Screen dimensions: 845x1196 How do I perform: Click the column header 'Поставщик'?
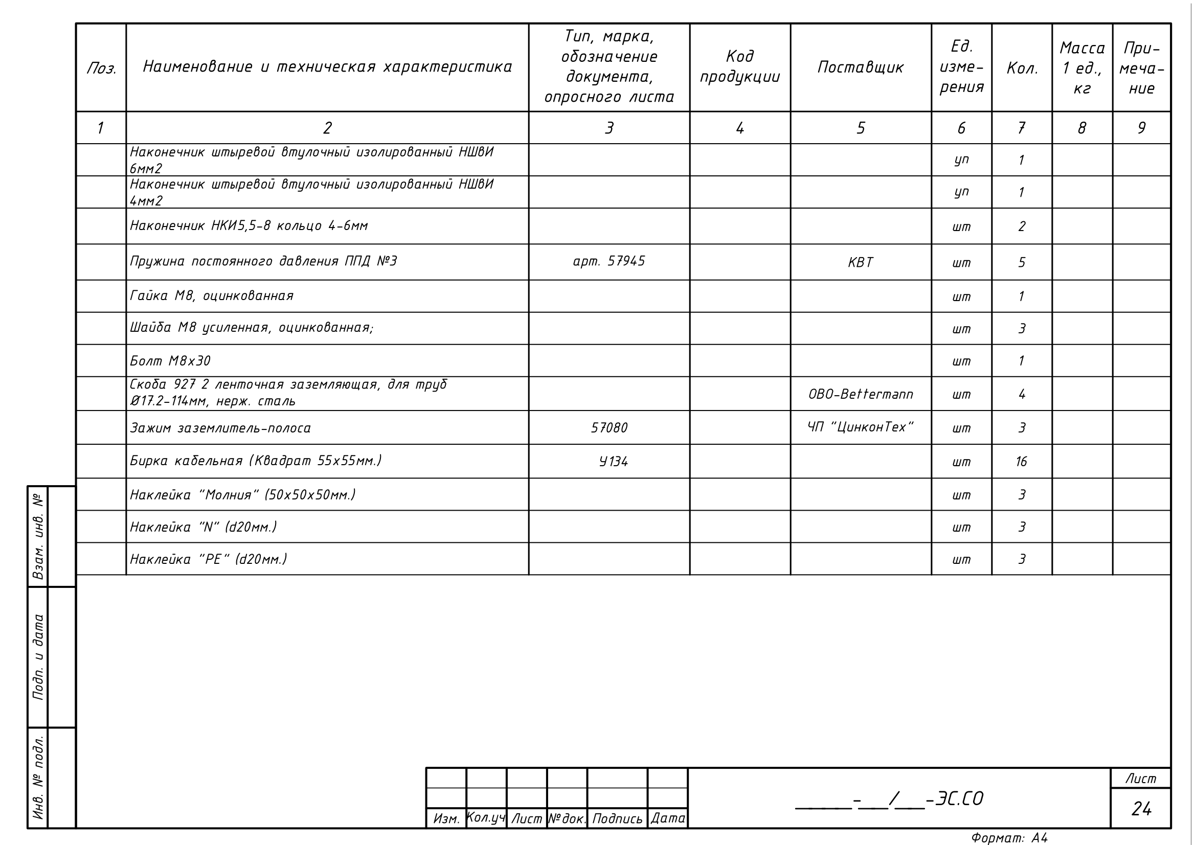click(860, 67)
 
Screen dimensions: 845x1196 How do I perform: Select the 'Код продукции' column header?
click(739, 66)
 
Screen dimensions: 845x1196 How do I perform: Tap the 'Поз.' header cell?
click(101, 68)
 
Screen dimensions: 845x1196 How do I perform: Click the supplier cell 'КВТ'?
click(860, 262)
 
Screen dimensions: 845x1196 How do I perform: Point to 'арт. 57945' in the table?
click(608, 261)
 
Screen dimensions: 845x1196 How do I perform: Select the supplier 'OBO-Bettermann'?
click(860, 394)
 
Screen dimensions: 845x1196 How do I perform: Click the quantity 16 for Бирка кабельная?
click(1021, 462)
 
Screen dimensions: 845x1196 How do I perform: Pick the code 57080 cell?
click(608, 428)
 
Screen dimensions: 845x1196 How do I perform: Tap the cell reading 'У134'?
click(613, 462)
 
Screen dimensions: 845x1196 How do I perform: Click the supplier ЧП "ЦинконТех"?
click(860, 427)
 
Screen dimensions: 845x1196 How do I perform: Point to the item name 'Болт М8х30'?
click(170, 361)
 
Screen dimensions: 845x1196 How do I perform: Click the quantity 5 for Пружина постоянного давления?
click(1022, 262)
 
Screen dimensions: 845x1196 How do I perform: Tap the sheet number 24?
click(1141, 809)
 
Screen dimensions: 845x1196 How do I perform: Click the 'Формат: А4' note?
click(1009, 838)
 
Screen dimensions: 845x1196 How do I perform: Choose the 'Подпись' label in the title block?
click(617, 819)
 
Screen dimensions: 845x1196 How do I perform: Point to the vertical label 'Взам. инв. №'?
click(37, 537)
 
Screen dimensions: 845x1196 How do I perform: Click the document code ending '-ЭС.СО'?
click(889, 799)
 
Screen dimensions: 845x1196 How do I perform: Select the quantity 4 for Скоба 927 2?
click(1022, 394)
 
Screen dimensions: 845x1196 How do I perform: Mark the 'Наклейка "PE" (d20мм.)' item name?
click(208, 560)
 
